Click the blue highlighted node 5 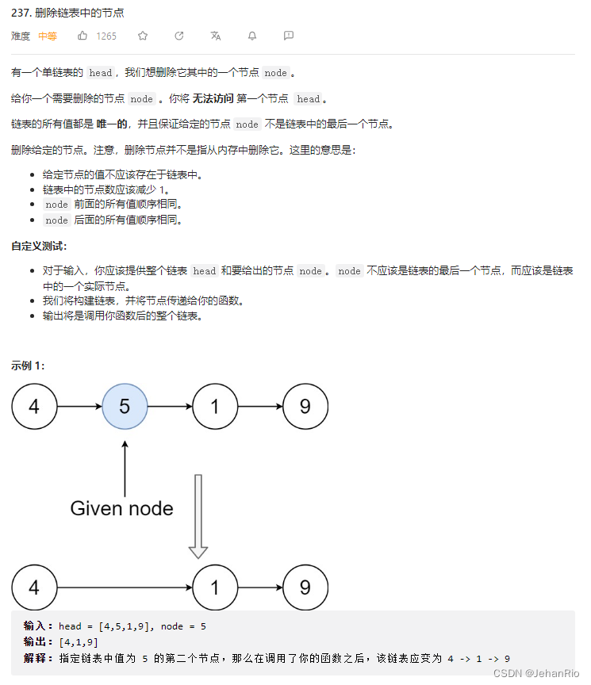(125, 407)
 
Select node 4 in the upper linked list (34, 407)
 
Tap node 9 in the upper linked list (305, 407)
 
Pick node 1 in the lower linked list (215, 588)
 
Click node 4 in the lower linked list (34, 588)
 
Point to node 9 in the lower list (305, 588)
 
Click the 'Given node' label (121, 508)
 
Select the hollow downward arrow (198, 516)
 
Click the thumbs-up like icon (83, 36)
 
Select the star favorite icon (143, 36)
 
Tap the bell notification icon (252, 36)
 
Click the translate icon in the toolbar (216, 36)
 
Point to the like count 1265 (106, 36)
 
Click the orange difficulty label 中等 (48, 36)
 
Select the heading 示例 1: (29, 365)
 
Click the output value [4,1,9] (79, 642)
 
